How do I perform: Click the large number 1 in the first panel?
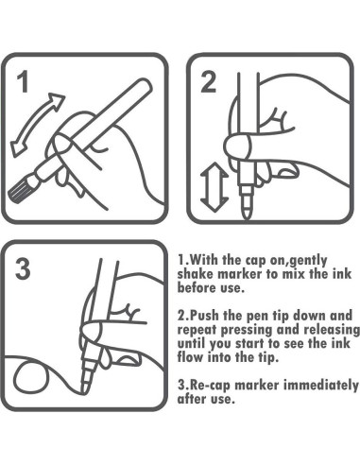[x=24, y=81]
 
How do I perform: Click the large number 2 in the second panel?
[x=208, y=82]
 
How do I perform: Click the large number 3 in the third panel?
[x=23, y=268]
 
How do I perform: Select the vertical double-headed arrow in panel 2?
[x=214, y=187]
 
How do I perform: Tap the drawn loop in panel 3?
[x=31, y=378]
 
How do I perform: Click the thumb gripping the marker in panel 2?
[x=238, y=146]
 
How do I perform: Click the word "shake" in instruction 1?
[x=197, y=274]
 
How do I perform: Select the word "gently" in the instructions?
[x=308, y=261]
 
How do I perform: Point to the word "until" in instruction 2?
[x=192, y=343]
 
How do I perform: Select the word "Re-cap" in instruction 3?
[x=210, y=385]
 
